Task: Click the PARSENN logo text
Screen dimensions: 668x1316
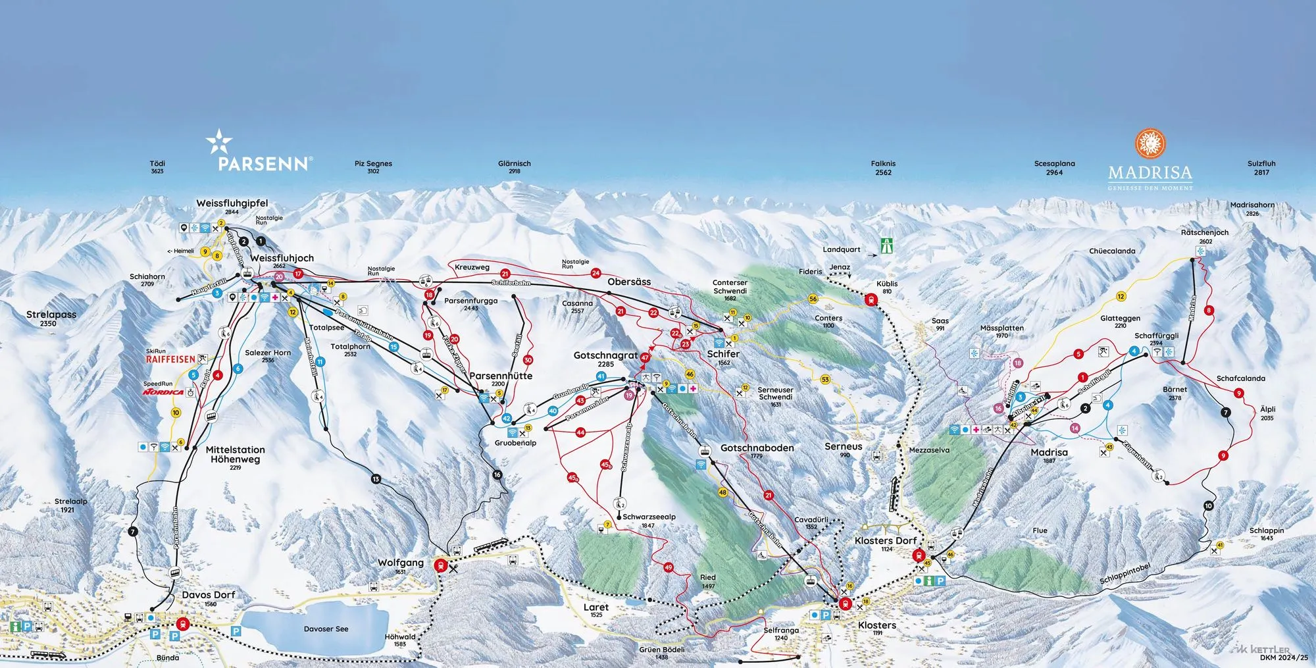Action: click(x=263, y=163)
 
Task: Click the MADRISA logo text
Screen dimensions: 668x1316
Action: click(x=1150, y=173)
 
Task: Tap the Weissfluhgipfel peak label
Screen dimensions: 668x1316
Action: click(x=232, y=203)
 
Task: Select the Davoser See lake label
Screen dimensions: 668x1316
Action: click(x=326, y=629)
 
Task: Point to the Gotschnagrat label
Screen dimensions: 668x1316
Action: click(x=605, y=355)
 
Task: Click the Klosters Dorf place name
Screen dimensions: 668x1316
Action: click(x=886, y=540)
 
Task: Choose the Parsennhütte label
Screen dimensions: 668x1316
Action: click(x=501, y=376)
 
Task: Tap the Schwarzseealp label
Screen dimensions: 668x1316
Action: click(x=649, y=517)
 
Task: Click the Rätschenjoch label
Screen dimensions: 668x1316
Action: click(x=1205, y=232)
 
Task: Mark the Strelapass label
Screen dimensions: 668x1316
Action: click(x=51, y=315)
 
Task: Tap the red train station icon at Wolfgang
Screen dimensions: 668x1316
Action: click(x=440, y=565)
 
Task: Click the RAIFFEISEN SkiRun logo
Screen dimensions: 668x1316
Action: click(x=170, y=359)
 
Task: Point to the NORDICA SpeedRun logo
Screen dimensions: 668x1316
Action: click(x=163, y=392)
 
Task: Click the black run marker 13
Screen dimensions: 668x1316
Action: click(x=376, y=479)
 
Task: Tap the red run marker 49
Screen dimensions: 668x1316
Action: click(x=669, y=567)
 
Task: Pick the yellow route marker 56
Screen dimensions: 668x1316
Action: click(x=813, y=299)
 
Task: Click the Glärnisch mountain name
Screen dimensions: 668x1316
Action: click(x=514, y=164)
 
